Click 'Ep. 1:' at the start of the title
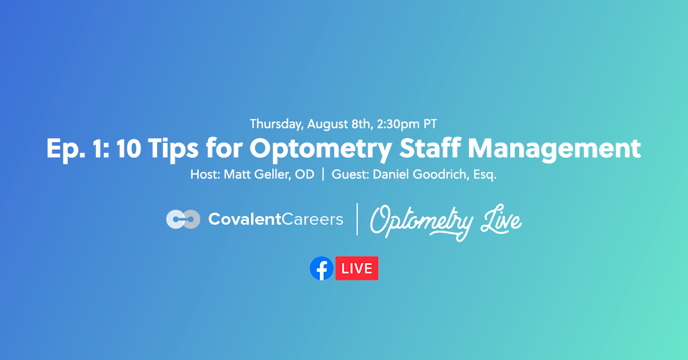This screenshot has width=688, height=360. click(x=76, y=148)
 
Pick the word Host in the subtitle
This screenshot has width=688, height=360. click(x=204, y=175)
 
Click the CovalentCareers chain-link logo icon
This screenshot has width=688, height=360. click(x=183, y=219)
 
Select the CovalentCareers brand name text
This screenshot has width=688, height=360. click(x=276, y=219)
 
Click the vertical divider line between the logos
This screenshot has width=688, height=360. click(x=357, y=219)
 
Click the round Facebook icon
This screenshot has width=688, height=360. click(x=322, y=268)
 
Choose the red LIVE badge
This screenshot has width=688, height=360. click(x=357, y=268)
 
